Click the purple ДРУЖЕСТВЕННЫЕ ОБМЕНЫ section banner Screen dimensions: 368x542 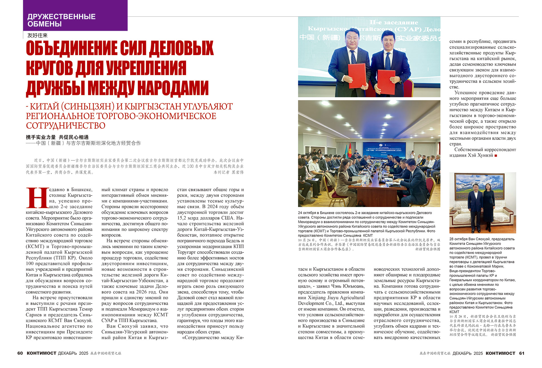[x=75, y=16]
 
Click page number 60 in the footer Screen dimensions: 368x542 [x=20, y=353]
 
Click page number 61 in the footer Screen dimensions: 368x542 [x=522, y=353]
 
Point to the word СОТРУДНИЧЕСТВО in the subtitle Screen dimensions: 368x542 [x=65, y=126]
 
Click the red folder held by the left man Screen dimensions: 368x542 [x=357, y=76]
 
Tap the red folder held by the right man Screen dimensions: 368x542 [x=386, y=82]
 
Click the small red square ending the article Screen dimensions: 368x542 [x=496, y=156]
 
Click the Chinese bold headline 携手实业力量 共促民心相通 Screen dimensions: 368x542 [x=57, y=137]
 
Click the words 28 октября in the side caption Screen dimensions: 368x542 [x=458, y=239]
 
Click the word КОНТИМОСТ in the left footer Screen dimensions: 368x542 [x=41, y=353]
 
